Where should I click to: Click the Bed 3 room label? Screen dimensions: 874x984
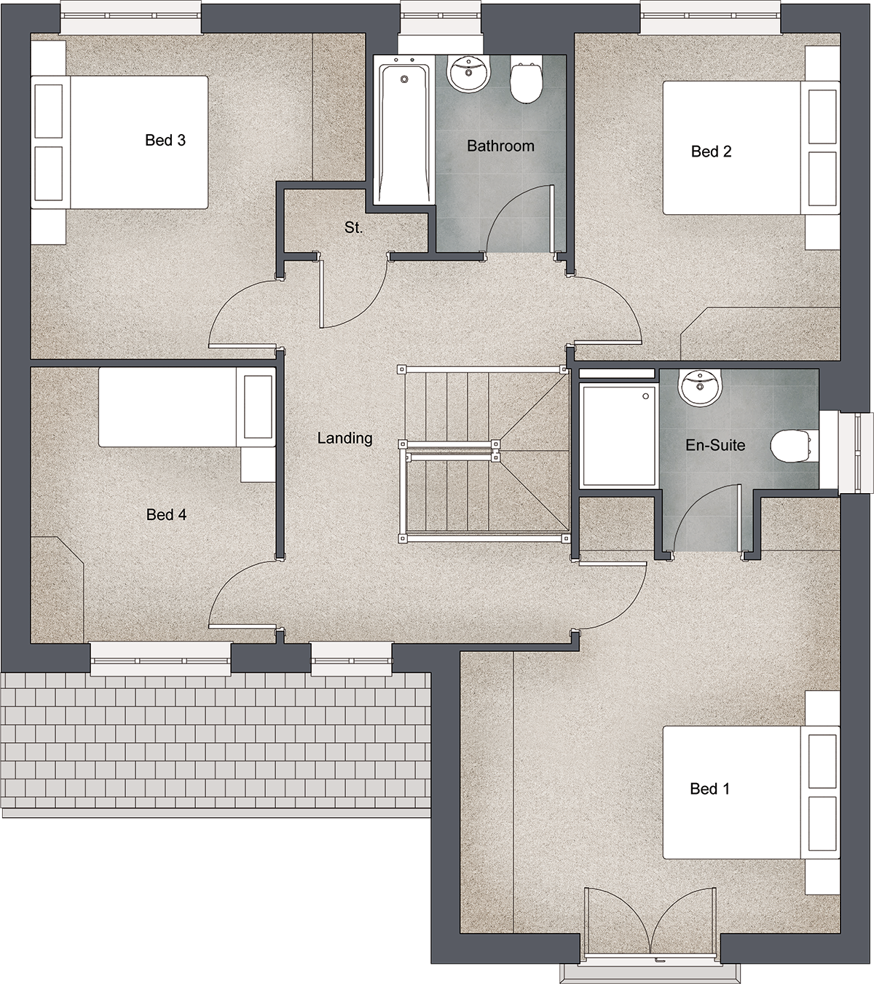coord(165,141)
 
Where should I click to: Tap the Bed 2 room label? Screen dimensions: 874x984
coord(712,151)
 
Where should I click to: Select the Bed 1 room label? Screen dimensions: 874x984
coord(710,789)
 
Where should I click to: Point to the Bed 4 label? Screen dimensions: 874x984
coord(166,514)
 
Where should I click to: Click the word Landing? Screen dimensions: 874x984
coord(345,438)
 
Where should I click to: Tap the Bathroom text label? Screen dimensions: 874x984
coord(500,146)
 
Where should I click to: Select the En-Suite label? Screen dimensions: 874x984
coord(715,445)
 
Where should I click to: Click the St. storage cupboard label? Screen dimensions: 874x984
coord(354,227)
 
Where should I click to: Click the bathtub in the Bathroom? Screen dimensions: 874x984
coord(404,130)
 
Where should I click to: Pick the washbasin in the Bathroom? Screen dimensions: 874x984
coord(468,73)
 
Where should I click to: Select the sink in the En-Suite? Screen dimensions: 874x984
coord(700,387)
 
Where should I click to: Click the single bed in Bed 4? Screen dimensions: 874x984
coord(187,407)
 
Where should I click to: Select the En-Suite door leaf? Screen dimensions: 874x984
coord(739,519)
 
